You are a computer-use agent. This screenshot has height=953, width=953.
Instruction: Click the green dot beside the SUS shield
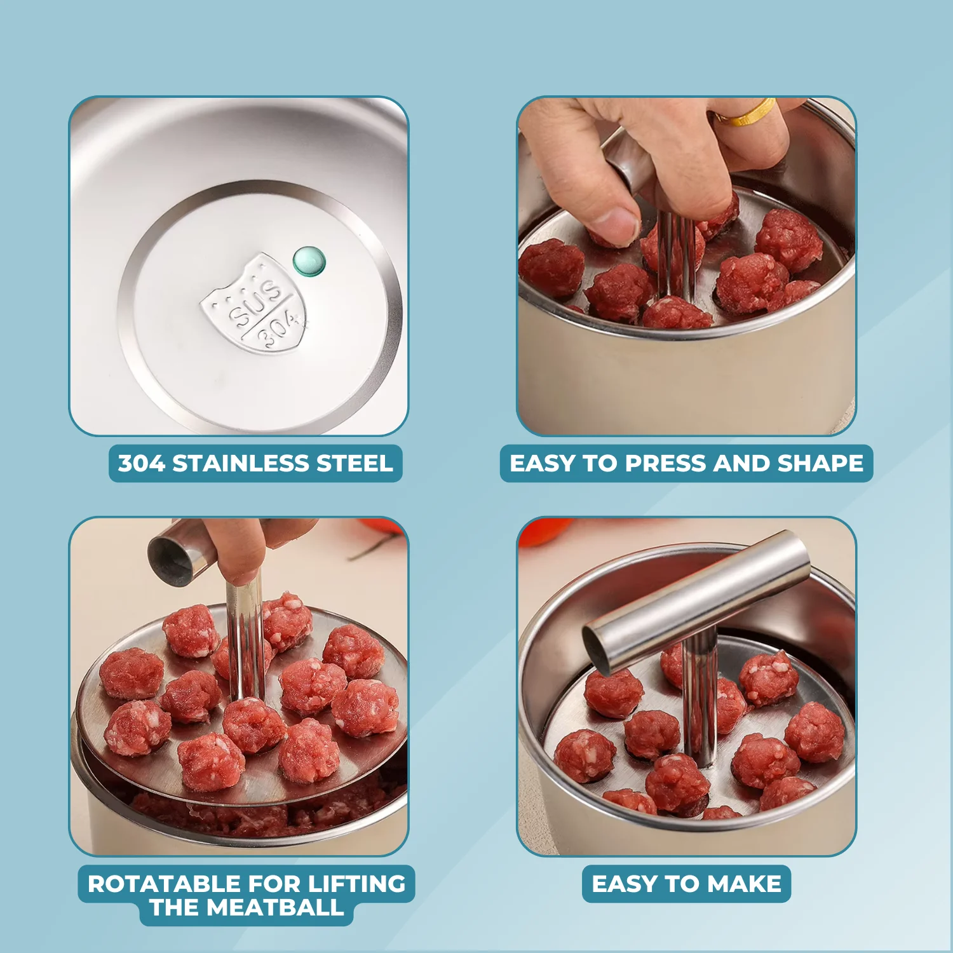click(309, 261)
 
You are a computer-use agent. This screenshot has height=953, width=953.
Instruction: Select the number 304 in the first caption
click(141, 463)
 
